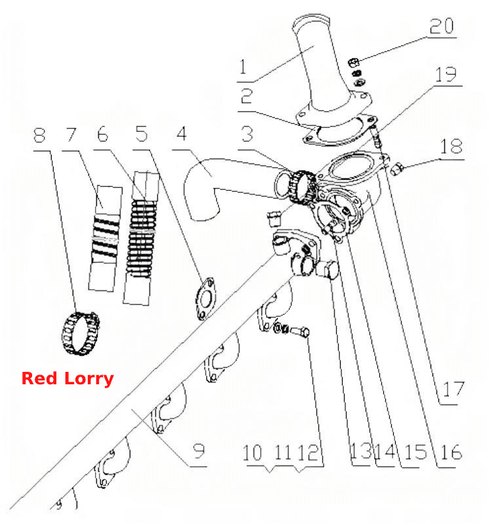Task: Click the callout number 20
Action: (442, 26)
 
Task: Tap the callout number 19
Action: (446, 74)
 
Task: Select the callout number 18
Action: (451, 146)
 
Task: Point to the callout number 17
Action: (453, 390)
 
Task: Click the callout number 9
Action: (199, 451)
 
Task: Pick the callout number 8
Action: (39, 135)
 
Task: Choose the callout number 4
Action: (181, 134)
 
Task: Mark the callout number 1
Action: (243, 66)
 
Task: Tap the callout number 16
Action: (451, 452)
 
